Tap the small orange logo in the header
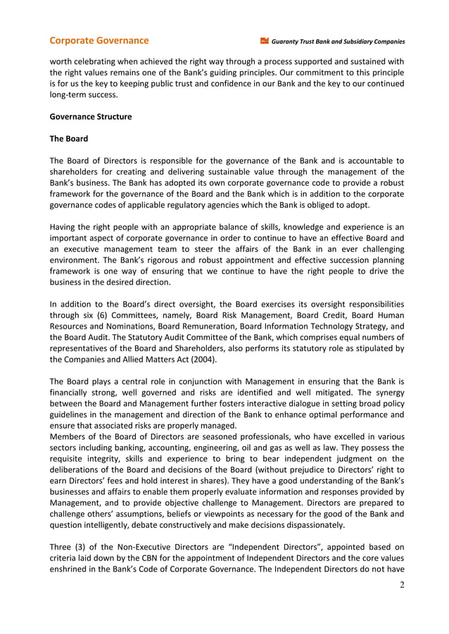tap(265, 41)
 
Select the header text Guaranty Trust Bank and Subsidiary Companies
tap(339, 42)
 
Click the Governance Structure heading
tap(90, 117)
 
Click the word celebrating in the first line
tap(99, 61)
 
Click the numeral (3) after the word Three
tap(84, 545)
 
